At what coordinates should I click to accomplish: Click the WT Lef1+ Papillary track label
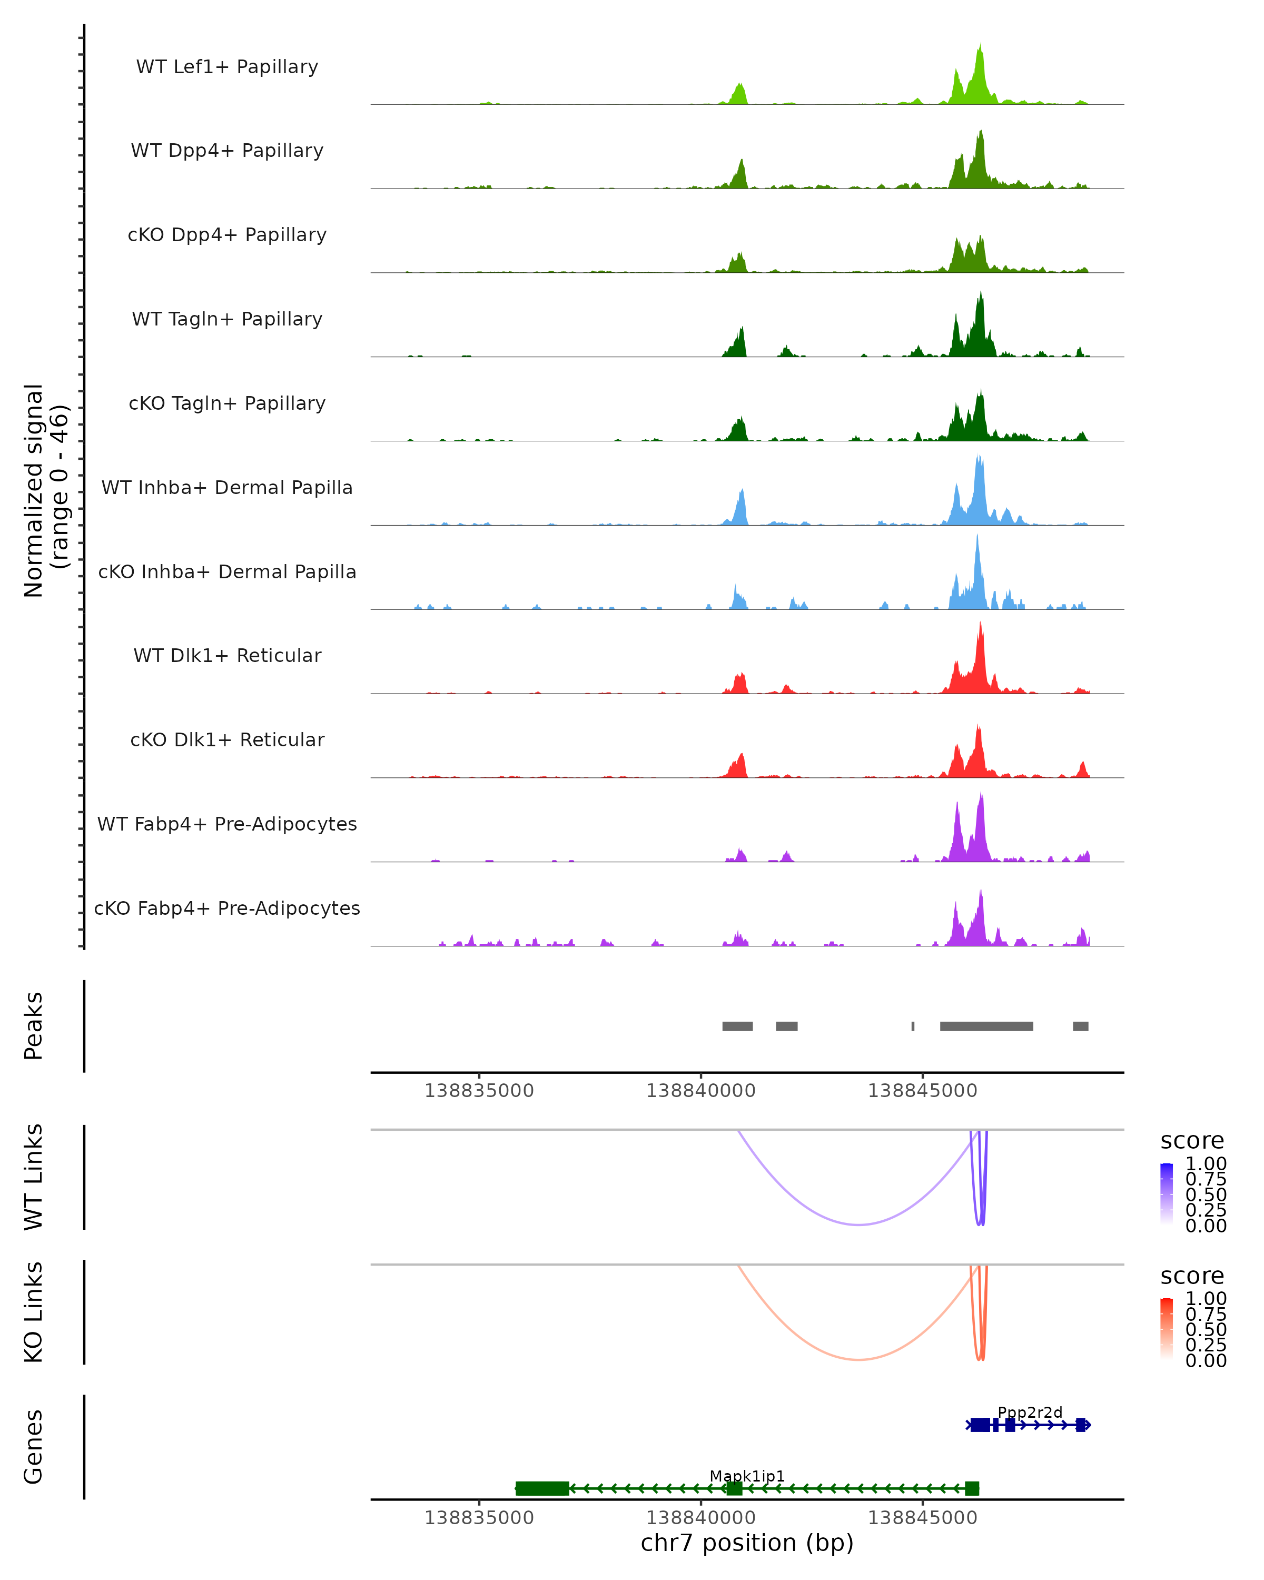[x=227, y=67]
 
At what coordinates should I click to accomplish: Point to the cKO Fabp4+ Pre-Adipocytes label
[x=227, y=908]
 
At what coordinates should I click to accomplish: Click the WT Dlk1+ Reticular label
[x=227, y=655]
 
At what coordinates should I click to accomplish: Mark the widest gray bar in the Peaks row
[x=986, y=1026]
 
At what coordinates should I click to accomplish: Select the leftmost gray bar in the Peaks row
[x=737, y=1026]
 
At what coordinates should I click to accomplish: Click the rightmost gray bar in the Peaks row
[x=1080, y=1026]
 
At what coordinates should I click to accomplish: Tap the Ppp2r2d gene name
[x=1030, y=1412]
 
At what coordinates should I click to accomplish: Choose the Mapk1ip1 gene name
[x=747, y=1476]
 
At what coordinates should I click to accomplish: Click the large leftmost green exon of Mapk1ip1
[x=542, y=1488]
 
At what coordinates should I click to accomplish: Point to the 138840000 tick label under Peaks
[x=700, y=1091]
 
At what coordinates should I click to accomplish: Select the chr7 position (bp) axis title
[x=747, y=1543]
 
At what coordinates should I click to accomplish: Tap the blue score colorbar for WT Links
[x=1167, y=1194]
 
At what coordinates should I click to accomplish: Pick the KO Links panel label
[x=34, y=1312]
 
